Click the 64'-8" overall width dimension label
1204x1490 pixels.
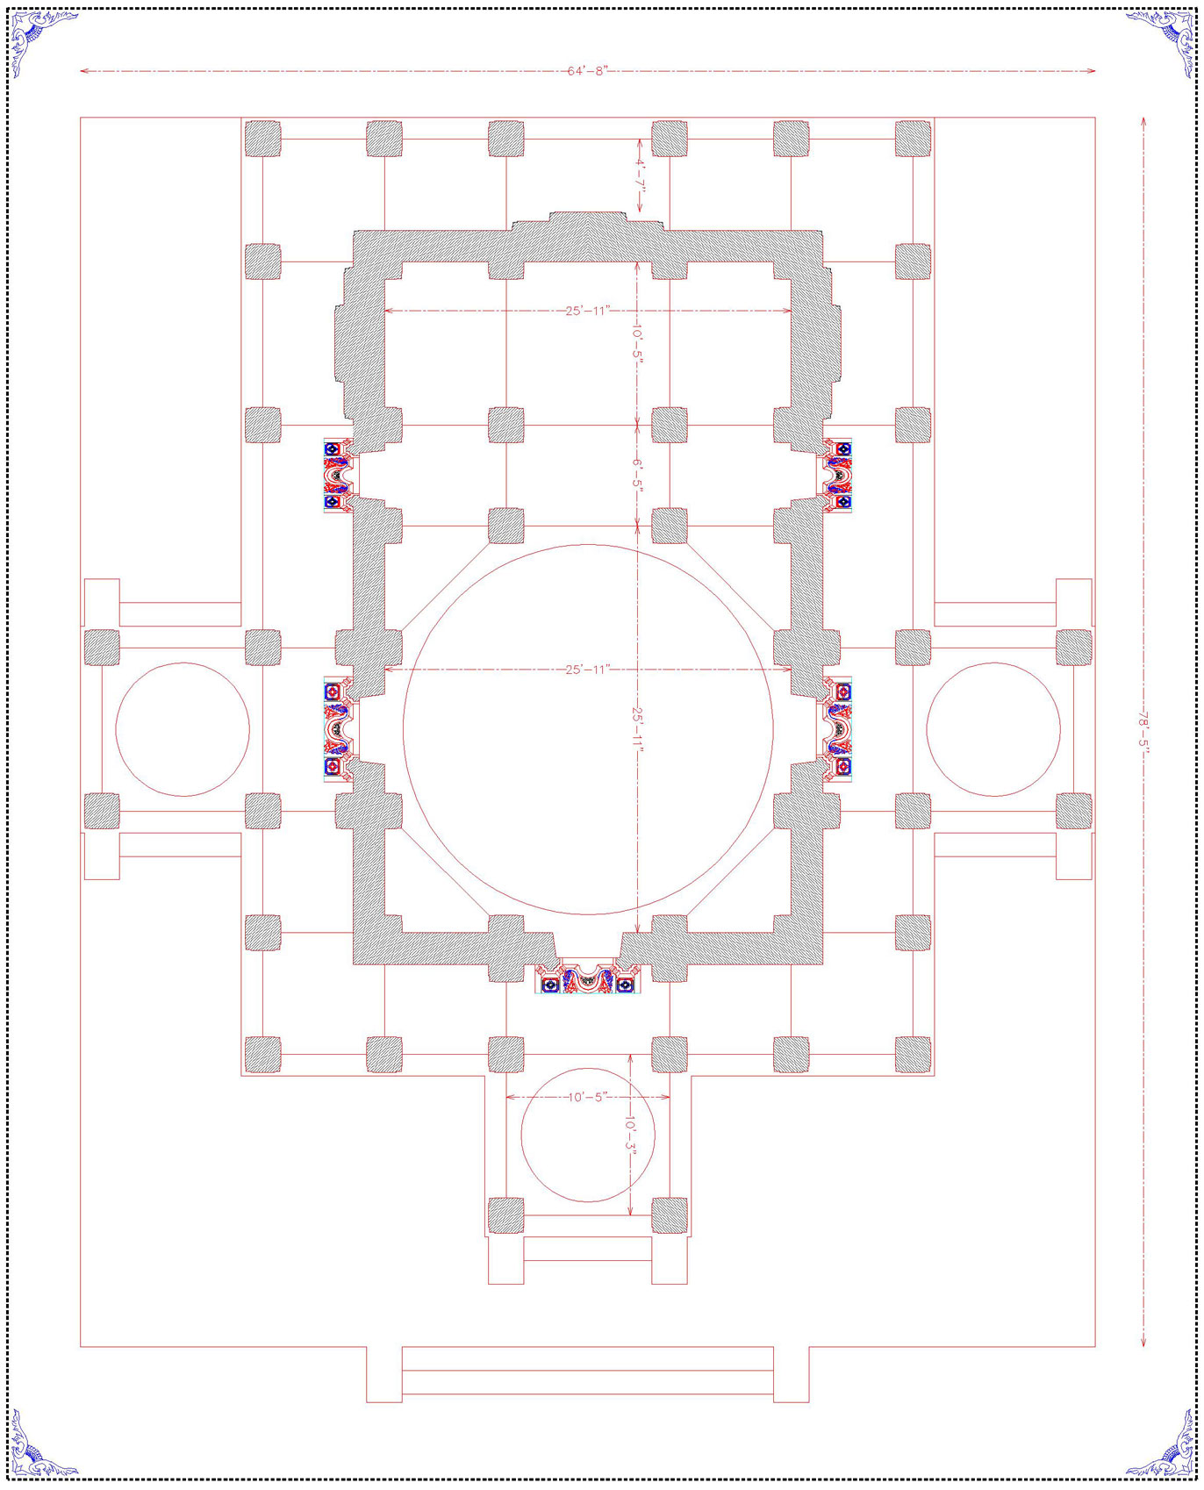(x=587, y=71)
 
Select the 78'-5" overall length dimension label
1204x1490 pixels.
(x=1143, y=731)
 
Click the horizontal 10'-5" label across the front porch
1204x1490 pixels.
(x=587, y=1097)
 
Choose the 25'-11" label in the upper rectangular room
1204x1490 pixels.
(x=587, y=311)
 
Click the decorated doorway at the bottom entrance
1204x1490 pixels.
(x=587, y=978)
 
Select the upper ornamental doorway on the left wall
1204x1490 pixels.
(x=339, y=475)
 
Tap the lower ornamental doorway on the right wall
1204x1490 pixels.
(x=837, y=728)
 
